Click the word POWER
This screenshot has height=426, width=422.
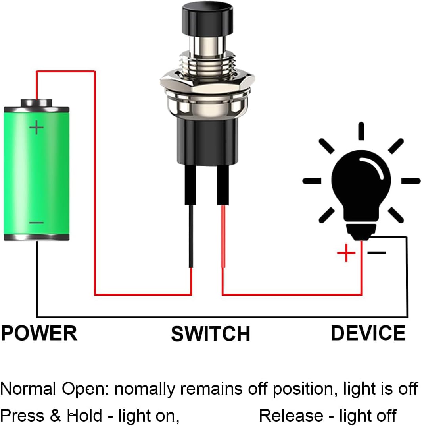[x=39, y=333]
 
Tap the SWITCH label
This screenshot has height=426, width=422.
[x=210, y=334]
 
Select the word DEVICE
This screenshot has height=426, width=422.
[x=368, y=333]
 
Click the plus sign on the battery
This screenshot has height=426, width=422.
[x=36, y=128]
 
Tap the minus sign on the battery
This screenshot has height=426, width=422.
[x=36, y=222]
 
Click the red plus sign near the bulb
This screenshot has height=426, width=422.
[x=346, y=253]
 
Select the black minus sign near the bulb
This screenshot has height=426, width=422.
[x=376, y=252]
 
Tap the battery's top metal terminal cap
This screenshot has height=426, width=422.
[x=36, y=103]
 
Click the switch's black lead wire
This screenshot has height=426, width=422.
[x=191, y=236]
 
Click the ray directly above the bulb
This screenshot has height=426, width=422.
[x=361, y=131]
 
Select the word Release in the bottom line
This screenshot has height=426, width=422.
[x=291, y=416]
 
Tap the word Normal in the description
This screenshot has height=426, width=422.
[x=28, y=389]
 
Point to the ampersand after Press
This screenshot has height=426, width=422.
[x=56, y=416]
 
